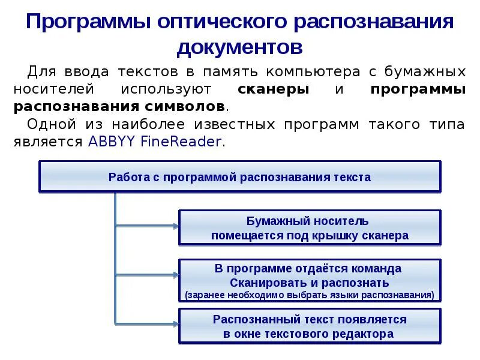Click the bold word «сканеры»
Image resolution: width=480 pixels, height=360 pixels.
[x=274, y=89]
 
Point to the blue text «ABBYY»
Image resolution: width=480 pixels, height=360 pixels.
[x=107, y=142]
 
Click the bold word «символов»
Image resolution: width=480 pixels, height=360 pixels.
[x=191, y=106]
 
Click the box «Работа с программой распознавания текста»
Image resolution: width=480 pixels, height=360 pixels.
[x=239, y=177]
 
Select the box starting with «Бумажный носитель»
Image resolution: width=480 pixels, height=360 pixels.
[x=310, y=228]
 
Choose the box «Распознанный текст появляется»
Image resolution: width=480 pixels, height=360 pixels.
[x=310, y=326]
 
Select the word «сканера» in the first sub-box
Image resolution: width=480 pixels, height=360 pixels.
[x=385, y=236]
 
